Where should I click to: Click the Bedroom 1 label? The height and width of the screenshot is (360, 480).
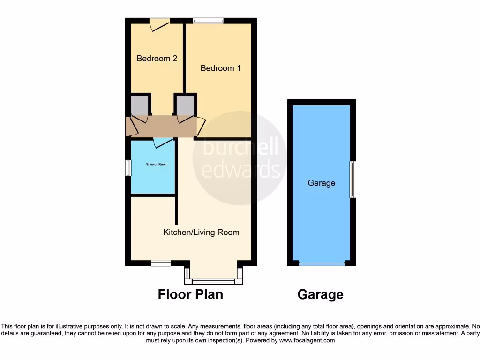[x=220, y=68]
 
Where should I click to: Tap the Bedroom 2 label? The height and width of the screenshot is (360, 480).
[x=157, y=59]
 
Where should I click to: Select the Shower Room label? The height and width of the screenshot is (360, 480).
[x=157, y=165]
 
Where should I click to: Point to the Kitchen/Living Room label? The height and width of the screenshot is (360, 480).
[x=201, y=232]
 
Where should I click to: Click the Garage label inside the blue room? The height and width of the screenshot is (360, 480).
[x=321, y=183]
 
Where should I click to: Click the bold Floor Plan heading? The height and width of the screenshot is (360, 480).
[x=190, y=294]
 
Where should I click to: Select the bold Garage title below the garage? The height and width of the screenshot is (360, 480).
[x=320, y=294]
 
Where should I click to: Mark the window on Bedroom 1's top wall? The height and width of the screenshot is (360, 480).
[x=208, y=21]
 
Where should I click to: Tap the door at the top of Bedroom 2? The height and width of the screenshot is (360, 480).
[x=159, y=24]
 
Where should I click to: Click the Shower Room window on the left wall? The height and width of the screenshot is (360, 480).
[x=128, y=168]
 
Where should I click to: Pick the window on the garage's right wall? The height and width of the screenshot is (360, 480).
[x=353, y=180]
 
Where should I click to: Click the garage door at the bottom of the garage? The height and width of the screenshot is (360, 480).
[x=322, y=264]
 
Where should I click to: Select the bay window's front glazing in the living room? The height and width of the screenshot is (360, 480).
[x=213, y=282]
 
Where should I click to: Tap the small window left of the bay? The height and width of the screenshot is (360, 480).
[x=161, y=263]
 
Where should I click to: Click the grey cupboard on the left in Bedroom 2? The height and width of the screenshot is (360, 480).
[x=140, y=105]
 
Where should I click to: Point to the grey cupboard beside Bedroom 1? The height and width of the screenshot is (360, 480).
[x=185, y=105]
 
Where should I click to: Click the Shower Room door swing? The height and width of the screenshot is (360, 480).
[x=162, y=142]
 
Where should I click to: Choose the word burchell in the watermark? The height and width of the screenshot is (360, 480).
[x=240, y=148]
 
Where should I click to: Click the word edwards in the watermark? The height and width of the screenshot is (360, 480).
[x=241, y=169]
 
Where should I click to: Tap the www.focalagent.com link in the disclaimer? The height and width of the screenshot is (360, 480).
[x=307, y=340]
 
